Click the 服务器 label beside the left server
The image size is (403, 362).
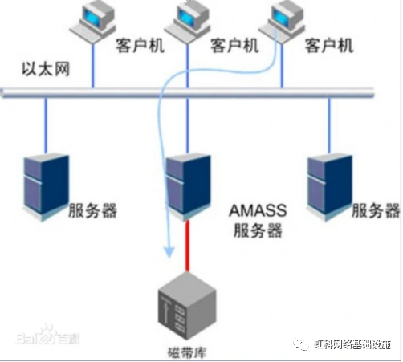[x=93, y=211]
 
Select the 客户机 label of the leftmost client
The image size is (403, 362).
[x=140, y=46]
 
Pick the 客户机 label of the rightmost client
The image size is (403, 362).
[x=332, y=46]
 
